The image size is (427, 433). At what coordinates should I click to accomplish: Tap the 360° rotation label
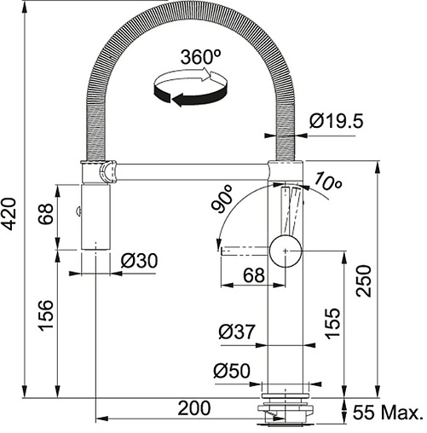point(201,57)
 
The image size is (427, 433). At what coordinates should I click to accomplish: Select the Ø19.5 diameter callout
point(337,121)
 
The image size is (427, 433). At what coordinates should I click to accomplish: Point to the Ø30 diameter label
point(139,261)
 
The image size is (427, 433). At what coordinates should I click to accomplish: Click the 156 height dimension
point(46,315)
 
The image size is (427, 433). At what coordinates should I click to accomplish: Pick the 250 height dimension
point(364,281)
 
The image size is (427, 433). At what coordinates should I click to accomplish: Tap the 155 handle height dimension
point(332,323)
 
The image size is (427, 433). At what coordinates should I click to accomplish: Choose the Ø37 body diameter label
point(237,332)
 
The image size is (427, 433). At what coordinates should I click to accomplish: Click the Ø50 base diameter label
point(232,371)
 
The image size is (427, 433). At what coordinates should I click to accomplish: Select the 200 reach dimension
point(194,408)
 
